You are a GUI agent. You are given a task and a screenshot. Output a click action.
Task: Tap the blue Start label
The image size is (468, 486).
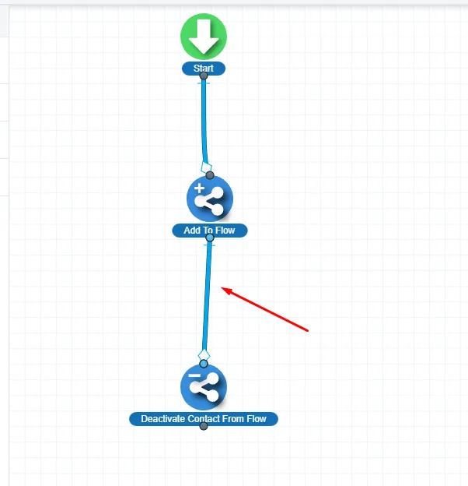(x=204, y=69)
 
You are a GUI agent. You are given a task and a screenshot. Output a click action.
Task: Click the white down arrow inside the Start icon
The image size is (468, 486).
(x=204, y=35)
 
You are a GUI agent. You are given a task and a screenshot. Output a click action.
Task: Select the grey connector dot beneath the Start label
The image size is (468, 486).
(x=204, y=76)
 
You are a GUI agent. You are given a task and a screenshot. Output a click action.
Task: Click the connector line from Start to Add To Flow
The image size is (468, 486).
(x=204, y=117)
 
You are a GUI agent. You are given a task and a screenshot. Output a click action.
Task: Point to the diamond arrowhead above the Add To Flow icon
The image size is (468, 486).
(x=206, y=167)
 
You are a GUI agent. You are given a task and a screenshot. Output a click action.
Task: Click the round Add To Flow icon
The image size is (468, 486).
(x=209, y=199)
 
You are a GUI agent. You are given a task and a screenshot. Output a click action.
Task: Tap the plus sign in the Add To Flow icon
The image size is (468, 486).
(x=199, y=189)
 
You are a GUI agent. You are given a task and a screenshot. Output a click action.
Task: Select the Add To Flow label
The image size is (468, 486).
(x=209, y=231)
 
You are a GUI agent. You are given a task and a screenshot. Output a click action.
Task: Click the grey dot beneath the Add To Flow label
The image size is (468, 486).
(x=209, y=238)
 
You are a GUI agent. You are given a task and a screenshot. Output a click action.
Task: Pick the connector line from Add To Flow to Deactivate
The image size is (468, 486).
(x=208, y=296)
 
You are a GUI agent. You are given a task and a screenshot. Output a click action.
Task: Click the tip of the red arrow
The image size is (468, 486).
(x=223, y=290)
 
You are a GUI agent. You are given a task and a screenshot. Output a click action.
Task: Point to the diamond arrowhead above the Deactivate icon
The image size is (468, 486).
(x=204, y=355)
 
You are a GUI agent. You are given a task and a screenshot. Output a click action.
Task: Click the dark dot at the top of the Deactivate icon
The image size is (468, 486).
(x=204, y=363)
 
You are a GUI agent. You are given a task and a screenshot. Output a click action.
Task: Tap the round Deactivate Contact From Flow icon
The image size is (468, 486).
(x=204, y=386)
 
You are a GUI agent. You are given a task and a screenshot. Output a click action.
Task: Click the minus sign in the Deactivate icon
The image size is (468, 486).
(x=194, y=376)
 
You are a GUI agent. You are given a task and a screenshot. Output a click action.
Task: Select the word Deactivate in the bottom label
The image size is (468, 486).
(x=165, y=419)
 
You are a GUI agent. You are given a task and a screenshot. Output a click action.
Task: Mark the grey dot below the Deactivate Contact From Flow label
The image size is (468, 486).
(x=204, y=426)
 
